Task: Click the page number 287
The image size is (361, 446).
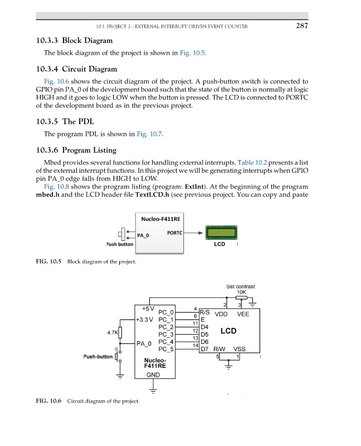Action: tap(301, 25)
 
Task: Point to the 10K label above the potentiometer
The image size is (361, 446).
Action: tap(241, 292)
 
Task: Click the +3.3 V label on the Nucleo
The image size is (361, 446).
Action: tap(147, 319)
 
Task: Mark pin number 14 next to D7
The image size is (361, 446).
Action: tap(196, 346)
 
